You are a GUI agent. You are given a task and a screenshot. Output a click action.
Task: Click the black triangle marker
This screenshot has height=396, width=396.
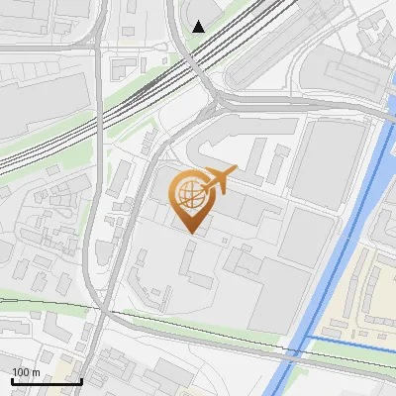coord(199,26)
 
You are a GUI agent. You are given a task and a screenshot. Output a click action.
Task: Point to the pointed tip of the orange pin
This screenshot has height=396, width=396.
coord(190,234)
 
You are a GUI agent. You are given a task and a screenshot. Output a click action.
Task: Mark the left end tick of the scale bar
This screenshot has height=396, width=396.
coord(11,379)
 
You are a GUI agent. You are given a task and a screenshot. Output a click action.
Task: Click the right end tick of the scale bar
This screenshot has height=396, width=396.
coord(82,379)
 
